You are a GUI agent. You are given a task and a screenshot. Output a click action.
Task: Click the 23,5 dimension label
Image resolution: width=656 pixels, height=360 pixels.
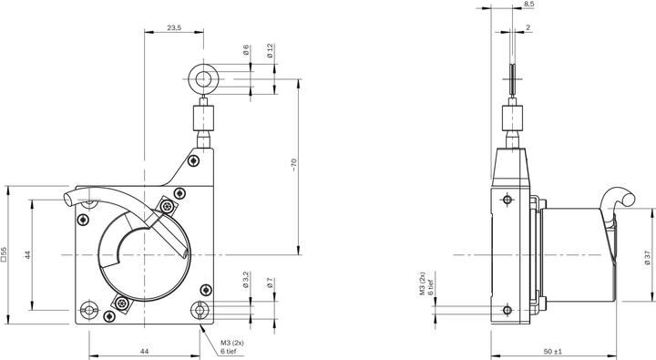174,28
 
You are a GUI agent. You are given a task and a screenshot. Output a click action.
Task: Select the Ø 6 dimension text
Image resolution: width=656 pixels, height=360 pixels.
246,50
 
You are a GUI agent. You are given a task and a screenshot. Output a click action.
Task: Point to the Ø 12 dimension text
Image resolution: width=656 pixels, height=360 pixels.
271,51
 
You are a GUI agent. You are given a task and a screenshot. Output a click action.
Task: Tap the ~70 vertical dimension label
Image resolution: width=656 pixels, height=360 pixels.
293,164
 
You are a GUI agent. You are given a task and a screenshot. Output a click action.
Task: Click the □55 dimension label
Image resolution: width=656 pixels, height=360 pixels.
6,254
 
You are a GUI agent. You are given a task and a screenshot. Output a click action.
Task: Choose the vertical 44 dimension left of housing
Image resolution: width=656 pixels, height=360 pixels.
27,256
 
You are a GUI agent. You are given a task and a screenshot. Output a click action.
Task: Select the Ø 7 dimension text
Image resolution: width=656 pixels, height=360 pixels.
271,284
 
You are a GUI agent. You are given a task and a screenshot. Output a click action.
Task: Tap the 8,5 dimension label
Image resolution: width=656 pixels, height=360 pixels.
529,5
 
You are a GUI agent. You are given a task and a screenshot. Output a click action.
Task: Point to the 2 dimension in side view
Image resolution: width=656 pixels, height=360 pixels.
528,28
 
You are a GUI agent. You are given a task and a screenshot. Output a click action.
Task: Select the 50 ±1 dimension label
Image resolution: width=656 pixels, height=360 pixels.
554,351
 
